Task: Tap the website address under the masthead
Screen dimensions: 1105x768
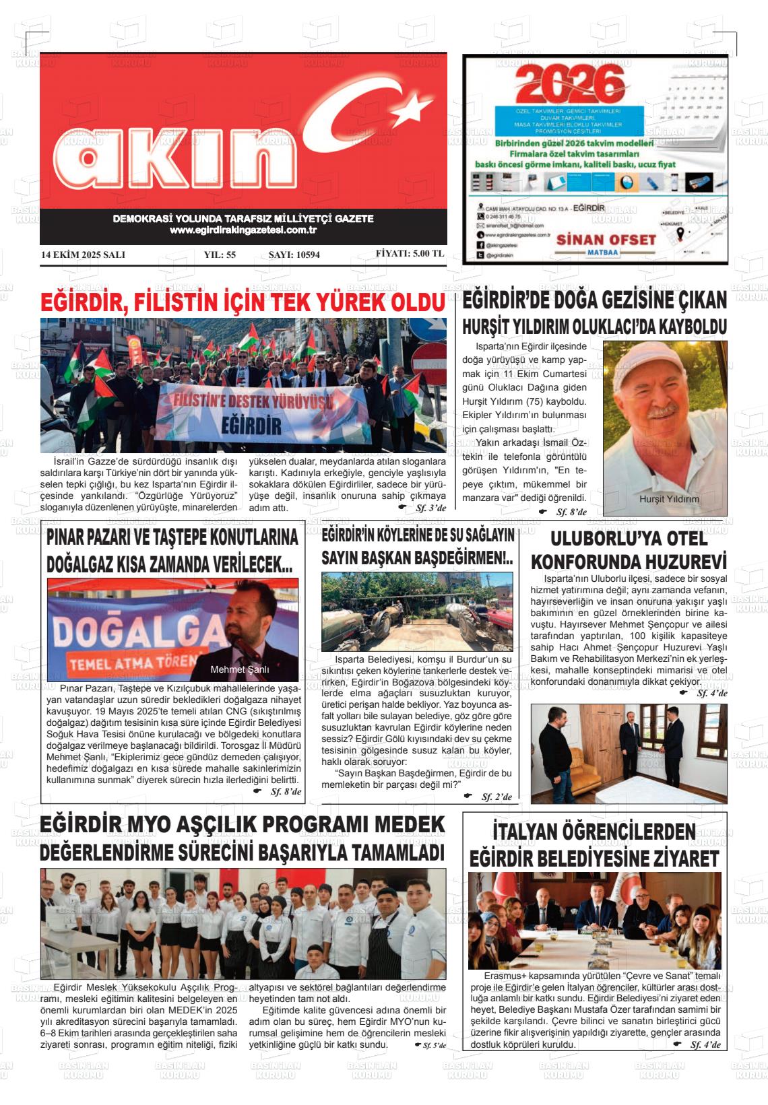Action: (243, 230)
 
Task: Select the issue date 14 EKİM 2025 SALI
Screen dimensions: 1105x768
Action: (83, 255)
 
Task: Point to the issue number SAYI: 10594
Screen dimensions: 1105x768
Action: (294, 255)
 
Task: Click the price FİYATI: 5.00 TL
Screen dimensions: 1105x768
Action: (410, 254)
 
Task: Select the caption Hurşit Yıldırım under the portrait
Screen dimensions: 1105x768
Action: (669, 499)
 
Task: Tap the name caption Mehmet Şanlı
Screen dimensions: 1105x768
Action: (240, 670)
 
